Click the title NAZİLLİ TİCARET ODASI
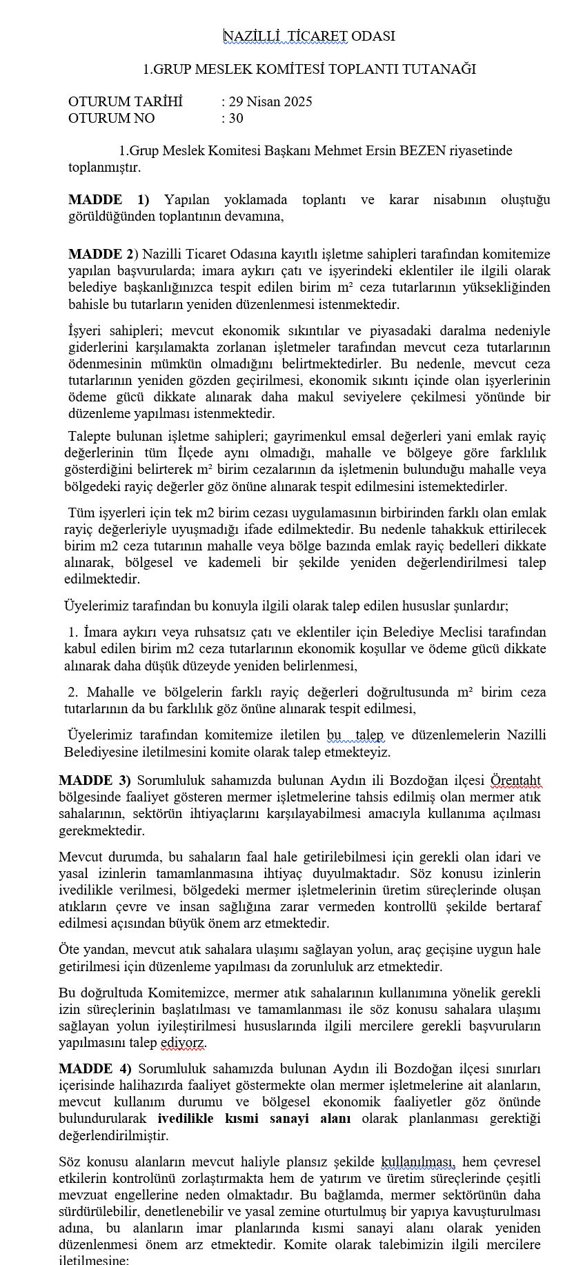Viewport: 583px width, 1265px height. tap(309, 37)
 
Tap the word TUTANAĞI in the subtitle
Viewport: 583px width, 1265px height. tap(444, 69)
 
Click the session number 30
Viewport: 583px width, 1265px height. tap(236, 119)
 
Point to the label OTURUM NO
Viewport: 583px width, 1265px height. tap(111, 119)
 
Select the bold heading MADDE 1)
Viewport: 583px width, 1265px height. tap(108, 200)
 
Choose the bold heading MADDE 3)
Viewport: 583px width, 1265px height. tap(95, 781)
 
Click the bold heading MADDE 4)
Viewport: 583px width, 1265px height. tap(95, 1069)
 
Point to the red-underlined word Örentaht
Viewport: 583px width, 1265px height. tap(515, 781)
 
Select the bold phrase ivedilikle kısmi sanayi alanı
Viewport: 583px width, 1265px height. tap(254, 1119)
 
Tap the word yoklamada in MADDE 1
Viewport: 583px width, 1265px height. tap(255, 200)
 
